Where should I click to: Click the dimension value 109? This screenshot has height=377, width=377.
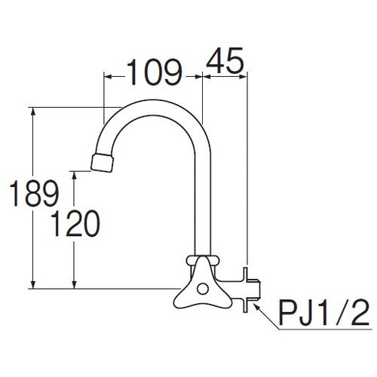[x=152, y=72]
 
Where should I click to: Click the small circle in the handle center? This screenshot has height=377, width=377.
[x=201, y=287]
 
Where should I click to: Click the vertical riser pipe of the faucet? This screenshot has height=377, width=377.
[x=202, y=204]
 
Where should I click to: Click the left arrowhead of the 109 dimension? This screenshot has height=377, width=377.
[x=106, y=76]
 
